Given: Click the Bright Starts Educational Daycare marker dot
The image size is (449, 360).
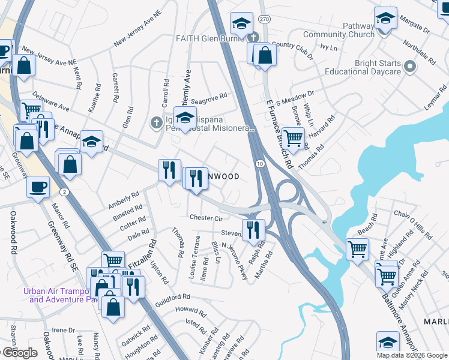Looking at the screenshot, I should point(410,66).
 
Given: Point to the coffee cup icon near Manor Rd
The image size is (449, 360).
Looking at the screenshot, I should point(38,186).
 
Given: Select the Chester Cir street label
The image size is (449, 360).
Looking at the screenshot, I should point(206,218).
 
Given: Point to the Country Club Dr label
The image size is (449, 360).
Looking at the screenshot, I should point(292,49).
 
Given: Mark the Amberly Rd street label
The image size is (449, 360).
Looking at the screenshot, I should point(123,198).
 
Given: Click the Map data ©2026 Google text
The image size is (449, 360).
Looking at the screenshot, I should point(412,355).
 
